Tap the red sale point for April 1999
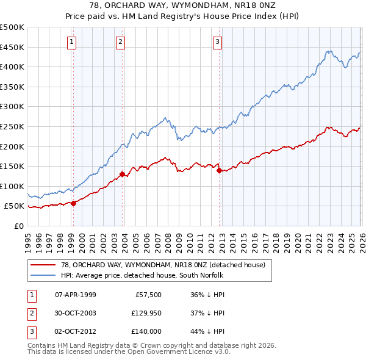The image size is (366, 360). click(x=74, y=203)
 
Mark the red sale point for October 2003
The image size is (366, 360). click(x=123, y=175)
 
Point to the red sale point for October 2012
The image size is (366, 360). click(x=219, y=170)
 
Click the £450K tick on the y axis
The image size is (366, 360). click(x=12, y=47)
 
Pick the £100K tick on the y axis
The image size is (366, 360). click(x=12, y=186)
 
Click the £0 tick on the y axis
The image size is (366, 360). click(x=18, y=226)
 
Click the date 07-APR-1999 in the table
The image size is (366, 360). click(x=76, y=295)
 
